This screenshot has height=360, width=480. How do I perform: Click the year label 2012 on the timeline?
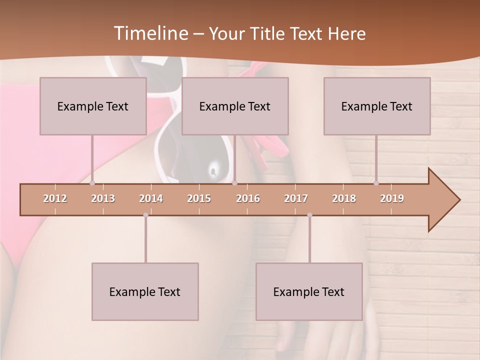click(x=55, y=198)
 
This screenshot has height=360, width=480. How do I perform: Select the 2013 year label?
click(x=103, y=198)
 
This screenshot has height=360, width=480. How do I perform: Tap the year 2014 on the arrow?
click(x=151, y=198)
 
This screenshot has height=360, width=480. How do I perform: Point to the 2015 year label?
click(x=199, y=198)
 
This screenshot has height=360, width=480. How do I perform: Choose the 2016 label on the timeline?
click(x=248, y=198)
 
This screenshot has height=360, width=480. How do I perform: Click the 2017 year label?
click(x=296, y=198)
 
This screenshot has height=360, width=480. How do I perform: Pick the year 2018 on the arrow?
click(x=344, y=198)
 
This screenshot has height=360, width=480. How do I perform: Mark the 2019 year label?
click(x=392, y=198)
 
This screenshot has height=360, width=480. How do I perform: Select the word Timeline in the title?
click(x=150, y=33)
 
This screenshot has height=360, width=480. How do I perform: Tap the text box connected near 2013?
click(x=93, y=106)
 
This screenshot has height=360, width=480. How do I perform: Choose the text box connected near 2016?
click(x=235, y=106)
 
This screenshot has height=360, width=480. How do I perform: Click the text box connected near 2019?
click(x=377, y=106)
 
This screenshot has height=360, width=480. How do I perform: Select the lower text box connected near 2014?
click(x=145, y=291)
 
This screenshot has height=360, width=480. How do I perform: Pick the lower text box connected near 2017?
click(x=309, y=291)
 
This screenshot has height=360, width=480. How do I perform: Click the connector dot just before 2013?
click(x=92, y=183)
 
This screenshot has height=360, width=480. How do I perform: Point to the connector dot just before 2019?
click(x=376, y=183)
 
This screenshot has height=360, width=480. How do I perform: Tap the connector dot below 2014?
click(x=145, y=215)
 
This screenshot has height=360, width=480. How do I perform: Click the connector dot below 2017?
click(x=309, y=215)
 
